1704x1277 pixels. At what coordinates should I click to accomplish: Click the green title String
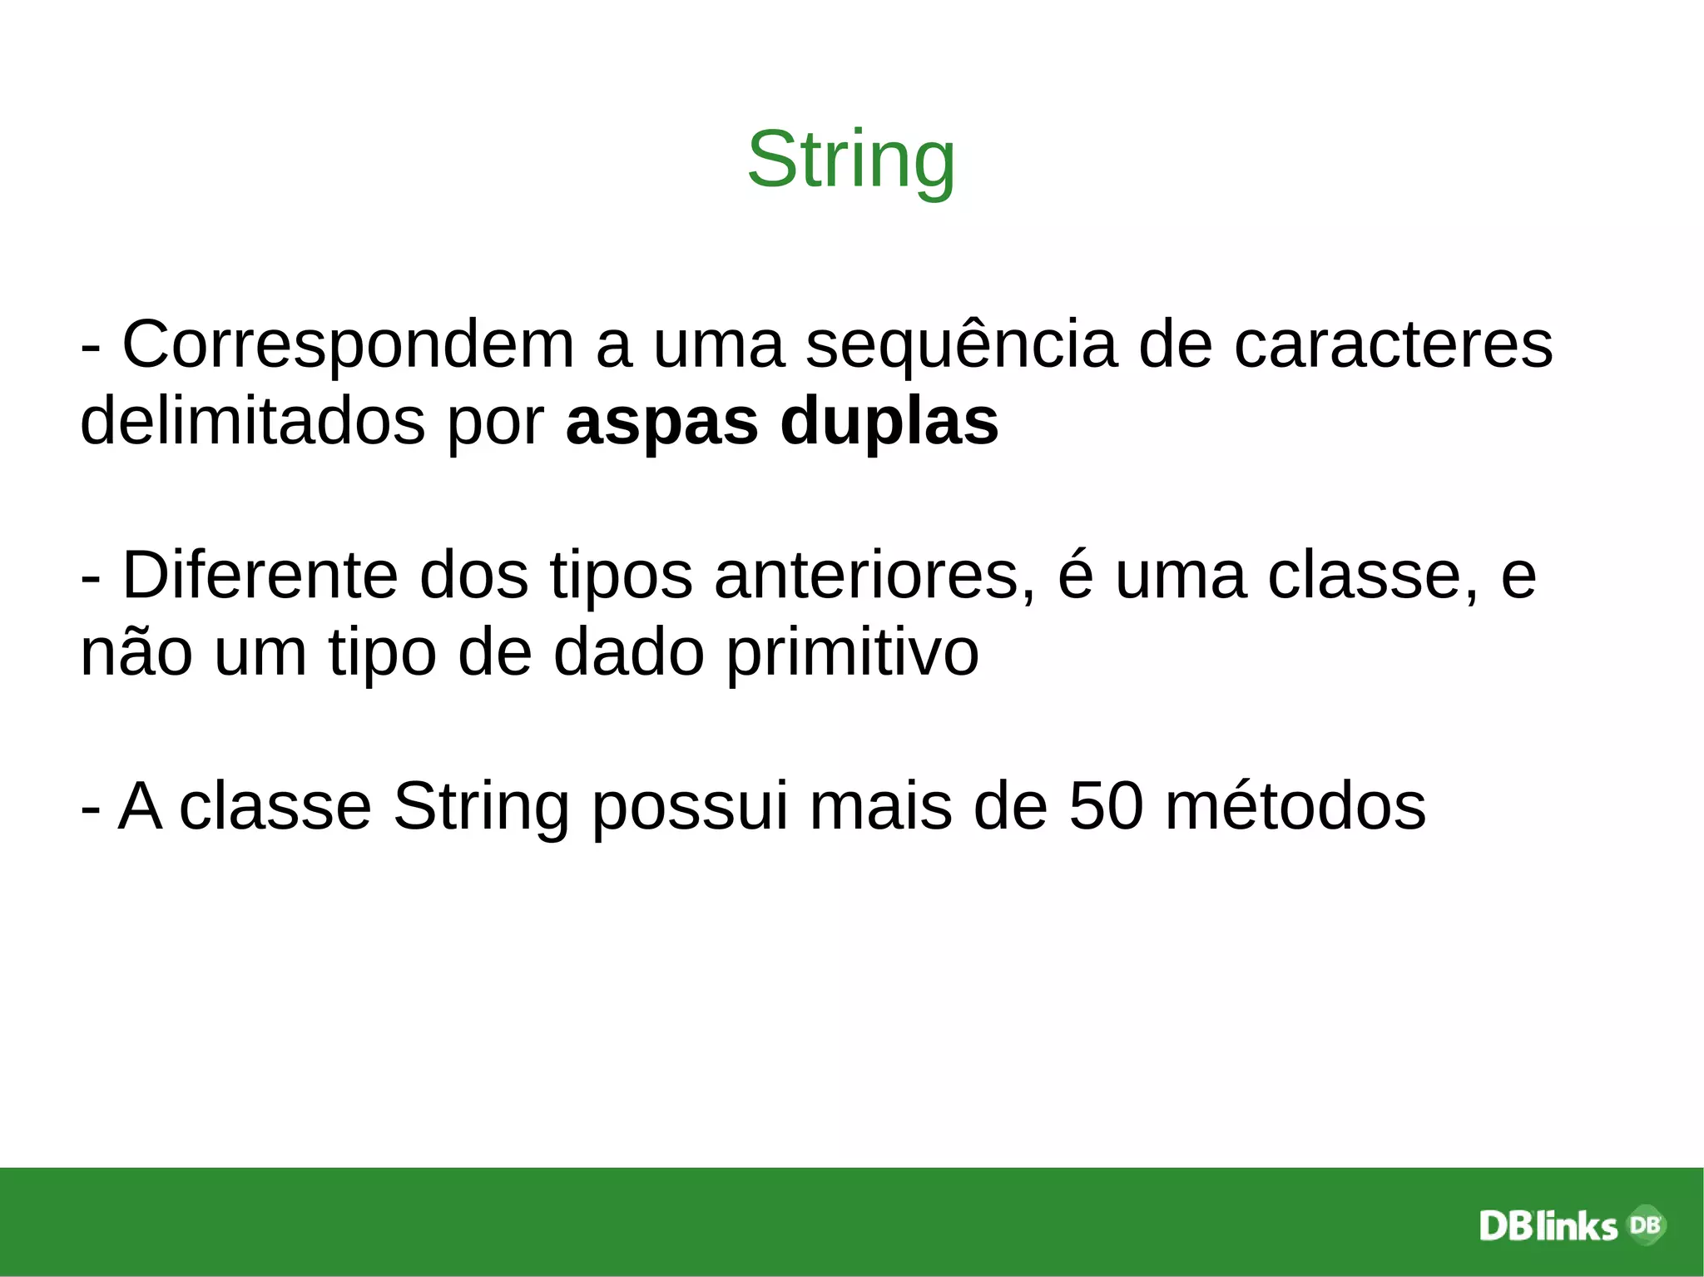[x=851, y=161]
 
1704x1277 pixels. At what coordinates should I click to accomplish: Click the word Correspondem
[x=348, y=345]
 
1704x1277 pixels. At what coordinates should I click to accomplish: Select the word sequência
[x=960, y=345]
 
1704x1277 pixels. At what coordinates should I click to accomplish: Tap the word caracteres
[x=1393, y=345]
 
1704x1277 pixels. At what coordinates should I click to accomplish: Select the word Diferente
[x=260, y=576]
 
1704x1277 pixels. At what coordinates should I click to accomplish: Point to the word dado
[x=628, y=652]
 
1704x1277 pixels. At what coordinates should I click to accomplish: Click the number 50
[x=1106, y=806]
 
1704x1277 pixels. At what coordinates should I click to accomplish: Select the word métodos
[x=1295, y=806]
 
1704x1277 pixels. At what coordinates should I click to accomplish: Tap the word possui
[x=690, y=808]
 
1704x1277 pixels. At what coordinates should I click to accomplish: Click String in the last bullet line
[x=481, y=808]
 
